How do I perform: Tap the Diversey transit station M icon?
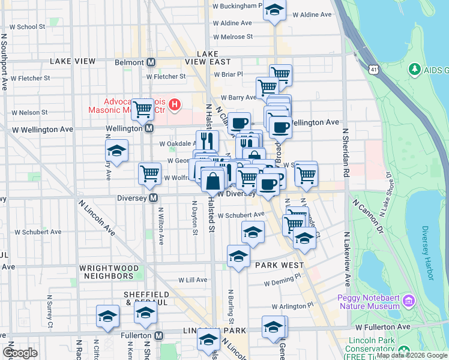point(154,198)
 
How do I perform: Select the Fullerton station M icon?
point(159,335)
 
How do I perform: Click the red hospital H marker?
point(174,106)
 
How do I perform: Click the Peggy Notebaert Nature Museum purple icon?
point(409,300)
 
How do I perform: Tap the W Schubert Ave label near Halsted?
point(241,215)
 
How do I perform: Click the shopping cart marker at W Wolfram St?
point(149,173)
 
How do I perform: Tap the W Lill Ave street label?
point(193,280)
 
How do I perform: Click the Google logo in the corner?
point(20,353)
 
